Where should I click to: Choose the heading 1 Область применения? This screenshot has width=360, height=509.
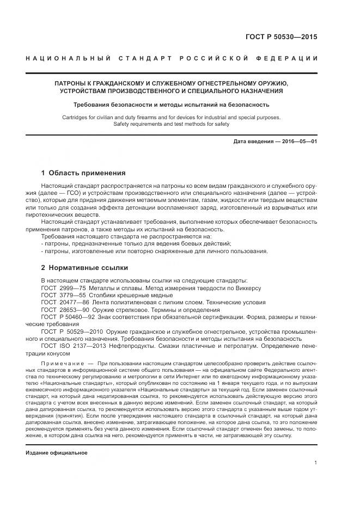tap(83, 173)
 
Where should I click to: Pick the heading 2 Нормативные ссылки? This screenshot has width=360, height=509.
tap(84, 268)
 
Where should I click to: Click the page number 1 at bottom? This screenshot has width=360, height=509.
tap(315, 463)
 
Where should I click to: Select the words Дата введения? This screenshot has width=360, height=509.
tap(253, 142)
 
